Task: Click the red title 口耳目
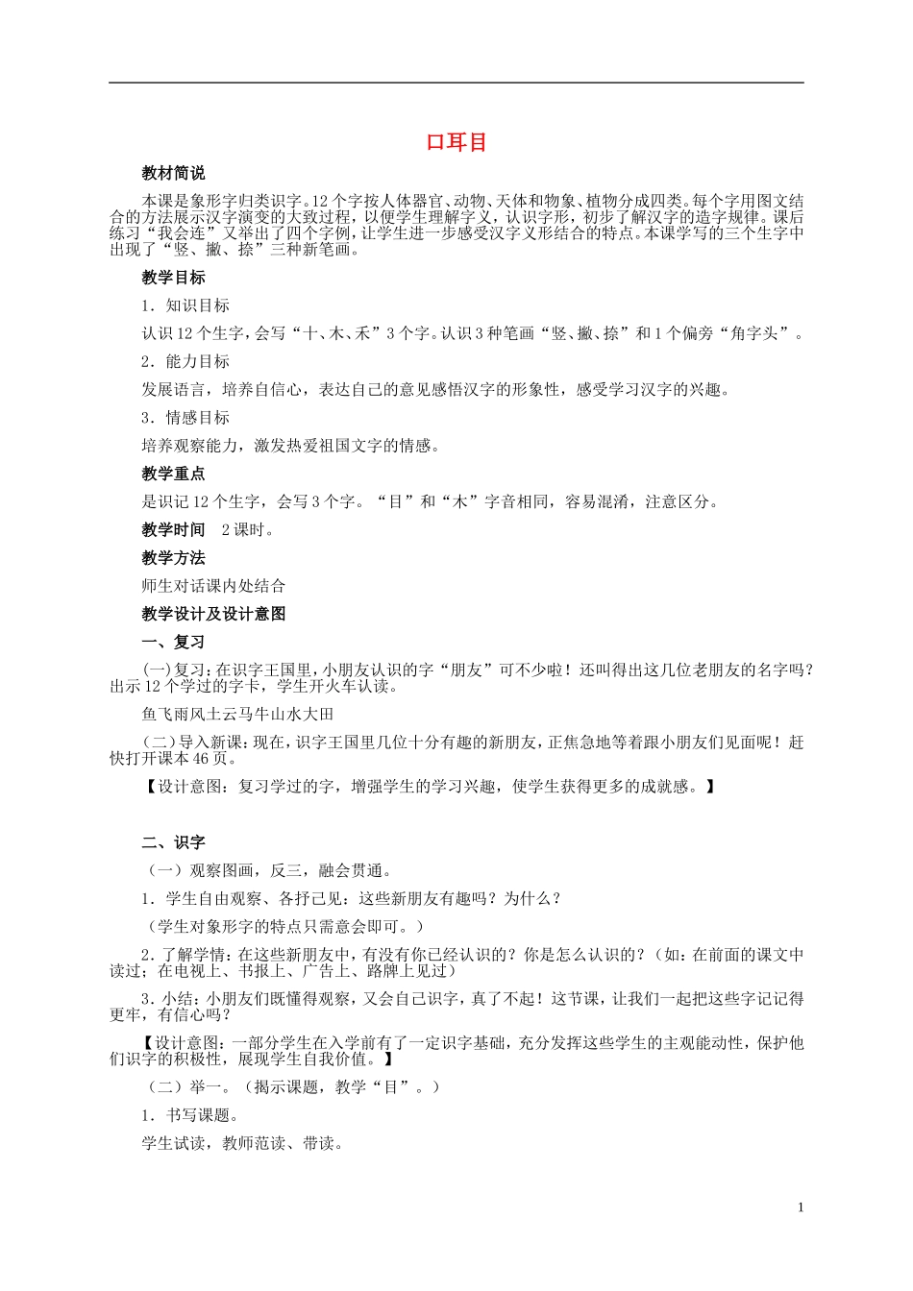point(456,142)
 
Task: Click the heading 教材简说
point(173,174)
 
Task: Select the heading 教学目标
point(173,278)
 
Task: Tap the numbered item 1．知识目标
point(185,305)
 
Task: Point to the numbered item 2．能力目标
point(185,361)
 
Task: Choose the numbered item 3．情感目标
point(185,418)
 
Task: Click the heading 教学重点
point(173,474)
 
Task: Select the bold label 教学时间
point(173,529)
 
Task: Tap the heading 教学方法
point(173,558)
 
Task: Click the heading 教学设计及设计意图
point(213,614)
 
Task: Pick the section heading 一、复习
point(173,642)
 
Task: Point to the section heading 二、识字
point(173,842)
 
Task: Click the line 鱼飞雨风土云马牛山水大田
point(237,714)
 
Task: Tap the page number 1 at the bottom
point(800,1207)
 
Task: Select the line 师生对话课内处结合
point(213,586)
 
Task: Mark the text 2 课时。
point(248,529)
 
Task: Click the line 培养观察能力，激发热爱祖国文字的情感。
point(291,446)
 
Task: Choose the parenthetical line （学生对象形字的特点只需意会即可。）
point(285,926)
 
